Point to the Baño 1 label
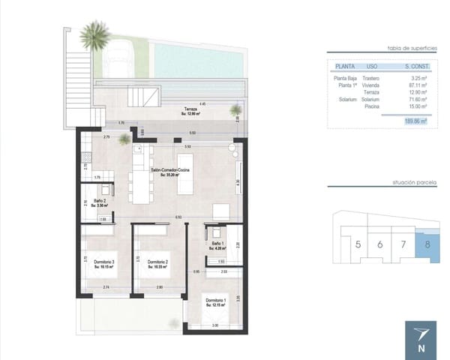tap(217, 244)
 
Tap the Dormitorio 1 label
tap(217, 302)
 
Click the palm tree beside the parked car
tap(95, 34)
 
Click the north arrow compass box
tap(419, 338)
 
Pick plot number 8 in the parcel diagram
tap(427, 244)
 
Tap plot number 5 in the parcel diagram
tap(358, 244)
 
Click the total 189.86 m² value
tap(414, 120)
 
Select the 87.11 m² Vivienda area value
tap(415, 85)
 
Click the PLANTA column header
tap(344, 65)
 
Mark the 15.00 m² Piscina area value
tap(415, 106)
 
